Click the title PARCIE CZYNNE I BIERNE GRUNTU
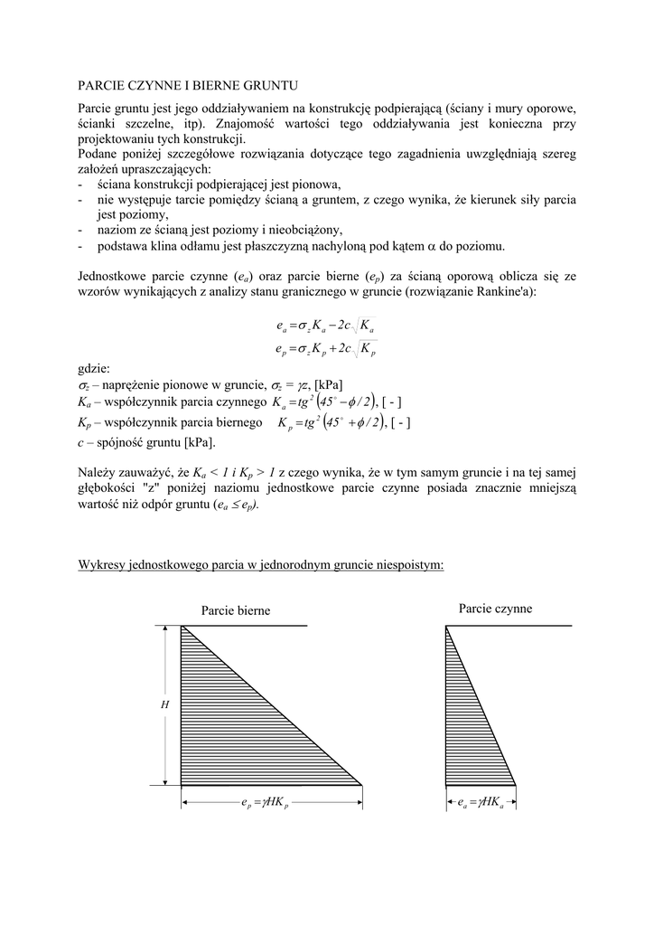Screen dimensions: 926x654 (187, 86)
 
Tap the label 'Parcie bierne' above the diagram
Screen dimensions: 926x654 (235, 610)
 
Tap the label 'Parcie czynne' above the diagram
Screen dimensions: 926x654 (495, 609)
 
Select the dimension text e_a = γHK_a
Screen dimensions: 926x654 (481, 802)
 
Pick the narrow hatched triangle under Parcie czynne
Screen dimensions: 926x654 (465, 723)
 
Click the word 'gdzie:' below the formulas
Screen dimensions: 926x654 (93, 368)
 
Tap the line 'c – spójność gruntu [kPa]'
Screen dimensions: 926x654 (147, 442)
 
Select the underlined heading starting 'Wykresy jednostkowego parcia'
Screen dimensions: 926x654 (261, 564)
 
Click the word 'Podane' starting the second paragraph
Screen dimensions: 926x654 (98, 155)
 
